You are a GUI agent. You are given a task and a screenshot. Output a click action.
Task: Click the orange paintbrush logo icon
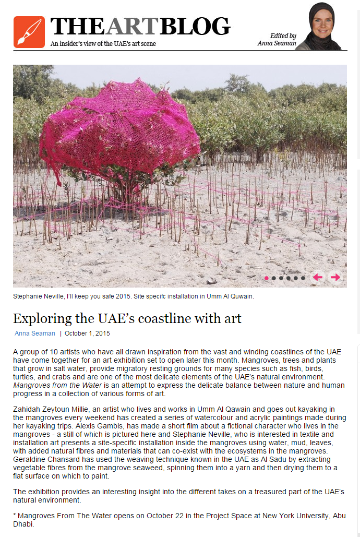29,32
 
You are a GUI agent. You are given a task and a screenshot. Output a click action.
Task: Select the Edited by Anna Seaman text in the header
277,40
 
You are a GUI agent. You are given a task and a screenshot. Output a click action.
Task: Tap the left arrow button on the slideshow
317,277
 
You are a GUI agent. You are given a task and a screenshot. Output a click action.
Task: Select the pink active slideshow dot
267,278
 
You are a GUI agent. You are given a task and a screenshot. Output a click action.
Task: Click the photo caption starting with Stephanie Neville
134,296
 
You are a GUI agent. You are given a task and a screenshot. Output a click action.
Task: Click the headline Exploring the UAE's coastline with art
127,318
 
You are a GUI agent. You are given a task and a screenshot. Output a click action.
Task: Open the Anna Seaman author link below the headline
34,333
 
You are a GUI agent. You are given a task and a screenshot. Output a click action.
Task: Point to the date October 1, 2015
87,333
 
